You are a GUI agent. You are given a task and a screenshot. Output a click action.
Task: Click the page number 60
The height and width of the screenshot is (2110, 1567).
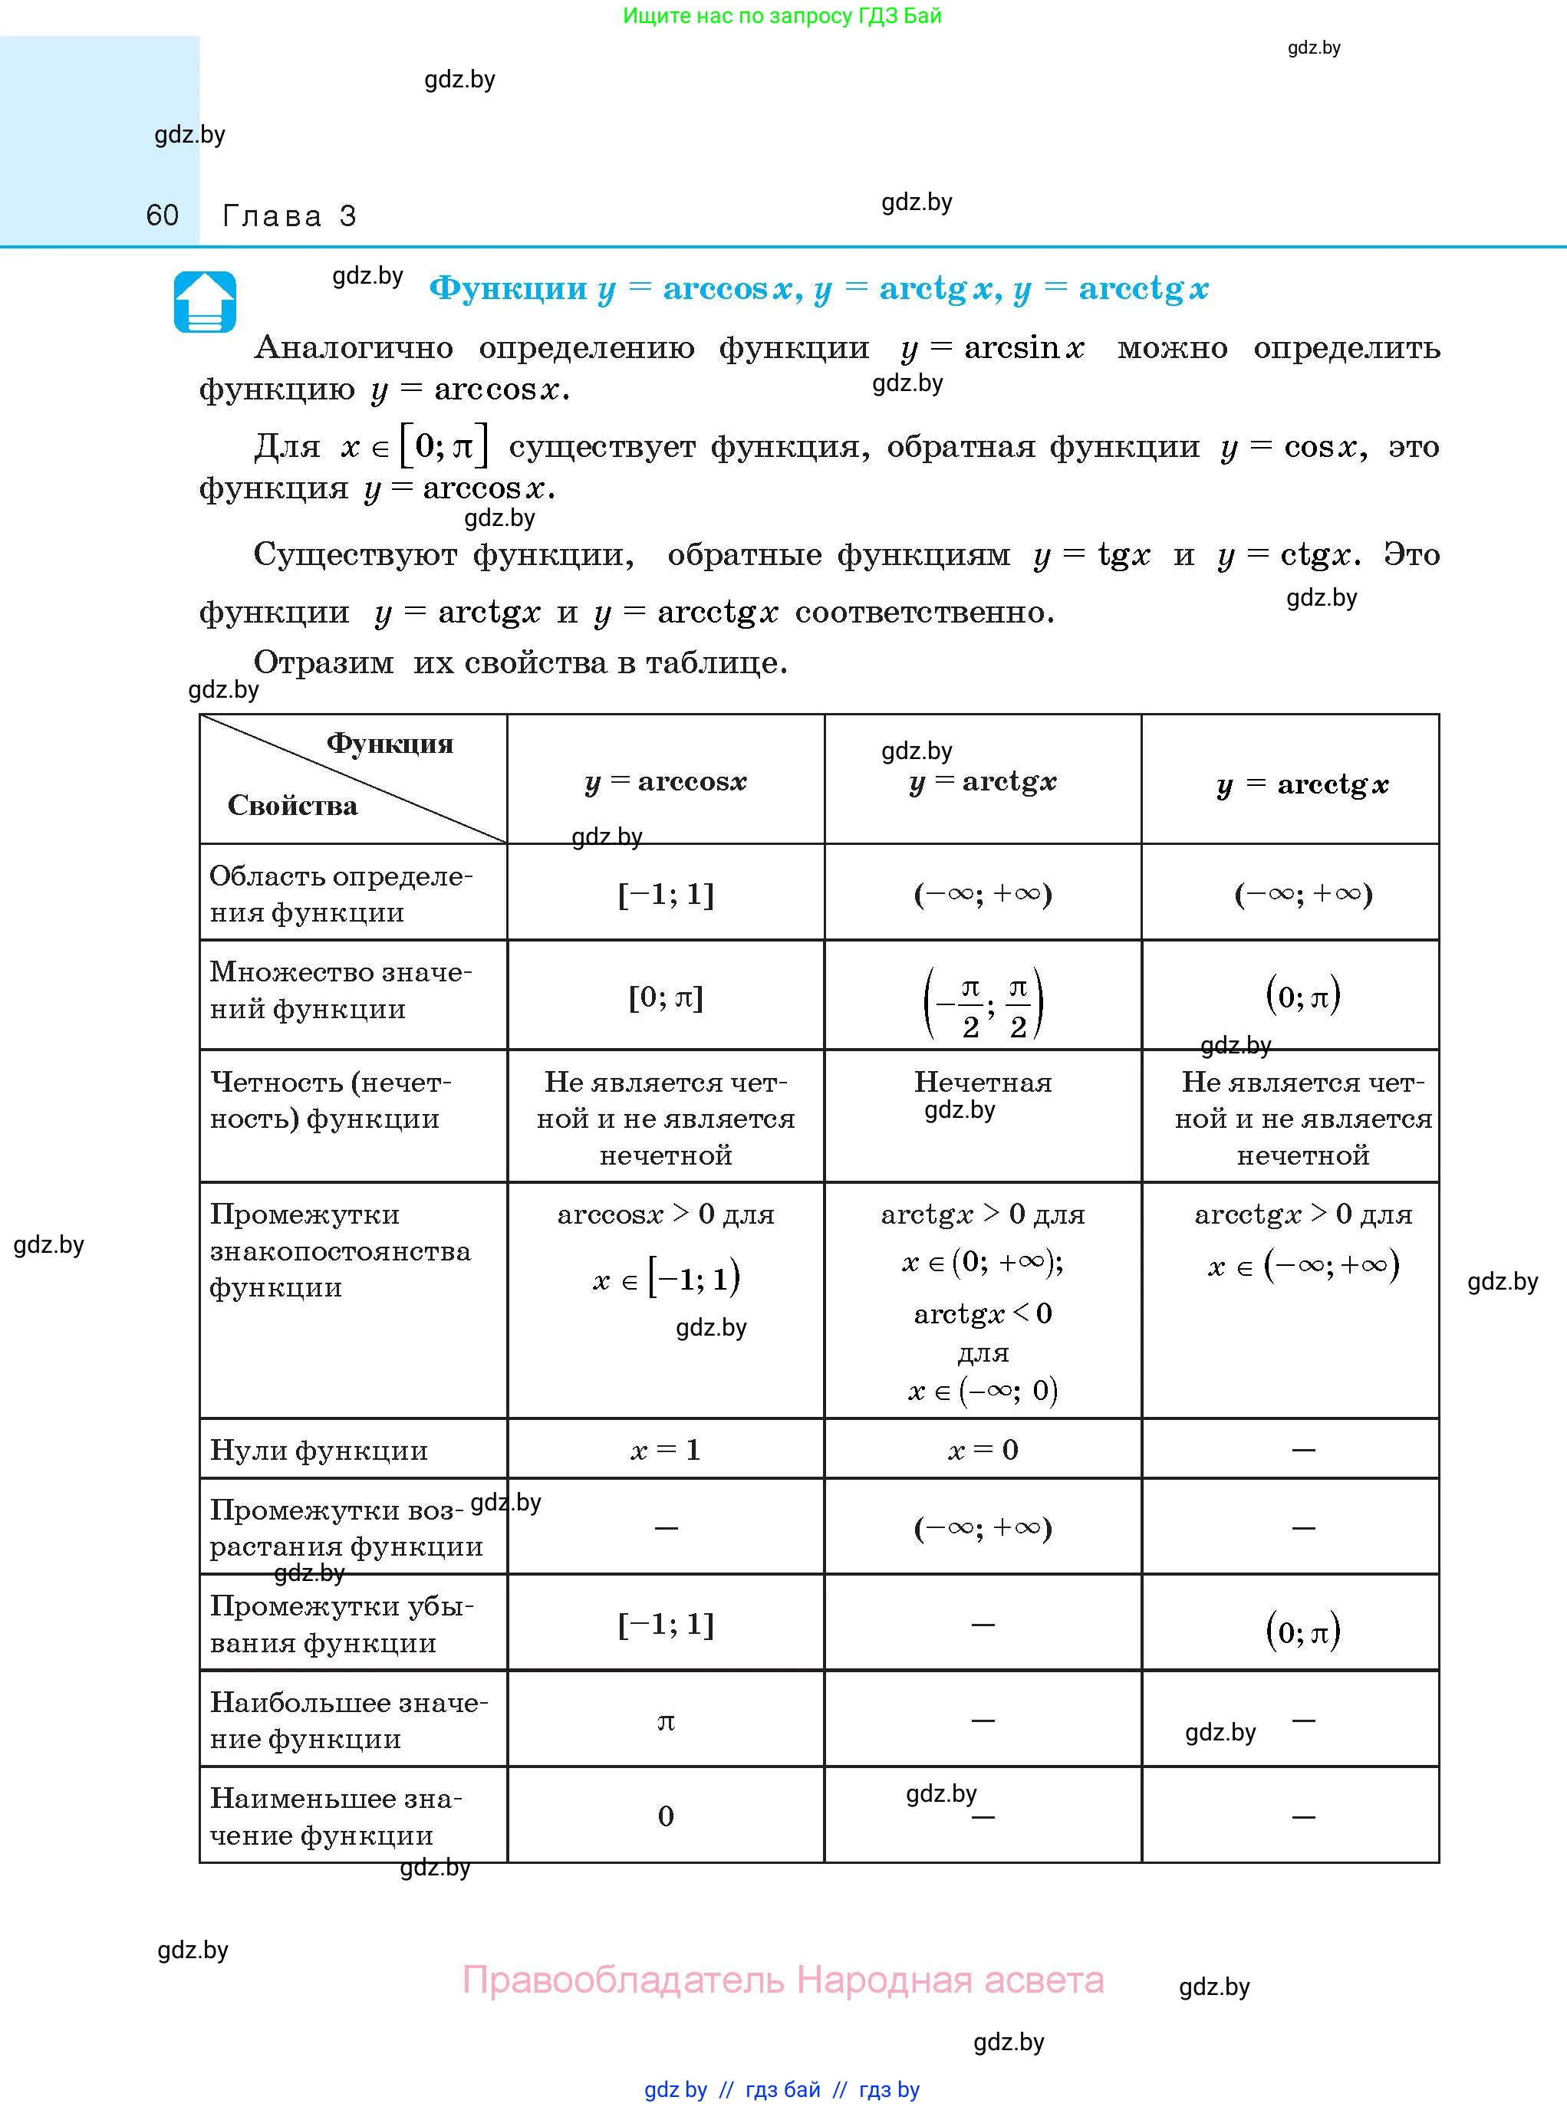tap(162, 215)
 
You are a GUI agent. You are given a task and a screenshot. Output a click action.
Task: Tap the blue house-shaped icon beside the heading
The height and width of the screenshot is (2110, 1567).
tap(205, 301)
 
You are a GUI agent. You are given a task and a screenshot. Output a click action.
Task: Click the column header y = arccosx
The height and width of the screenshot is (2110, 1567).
tap(666, 781)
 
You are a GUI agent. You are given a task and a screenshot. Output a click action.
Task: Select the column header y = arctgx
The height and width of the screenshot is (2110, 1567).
tap(983, 781)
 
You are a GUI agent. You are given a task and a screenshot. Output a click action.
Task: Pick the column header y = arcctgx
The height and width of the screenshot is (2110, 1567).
tap(1302, 784)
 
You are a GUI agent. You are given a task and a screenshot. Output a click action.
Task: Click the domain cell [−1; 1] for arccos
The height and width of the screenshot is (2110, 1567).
tap(666, 893)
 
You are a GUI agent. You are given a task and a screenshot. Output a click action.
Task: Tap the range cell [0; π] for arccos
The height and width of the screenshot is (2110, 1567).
tap(666, 997)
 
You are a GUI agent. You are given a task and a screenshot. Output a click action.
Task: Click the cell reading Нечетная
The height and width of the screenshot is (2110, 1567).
tap(983, 1082)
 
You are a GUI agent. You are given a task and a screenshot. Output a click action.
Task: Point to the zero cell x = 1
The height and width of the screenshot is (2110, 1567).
tap(666, 1449)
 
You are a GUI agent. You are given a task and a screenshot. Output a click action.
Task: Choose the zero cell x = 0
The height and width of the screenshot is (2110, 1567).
tap(983, 1449)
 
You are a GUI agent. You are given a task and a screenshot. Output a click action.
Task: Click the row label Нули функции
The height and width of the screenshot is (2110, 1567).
tap(319, 1450)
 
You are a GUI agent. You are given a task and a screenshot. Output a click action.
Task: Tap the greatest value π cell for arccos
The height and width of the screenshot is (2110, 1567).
tap(666, 1721)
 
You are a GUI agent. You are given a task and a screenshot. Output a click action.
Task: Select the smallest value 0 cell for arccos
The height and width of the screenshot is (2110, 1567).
tap(666, 1816)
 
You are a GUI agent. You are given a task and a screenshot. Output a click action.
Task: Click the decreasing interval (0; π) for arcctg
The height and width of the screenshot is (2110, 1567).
tap(1302, 1630)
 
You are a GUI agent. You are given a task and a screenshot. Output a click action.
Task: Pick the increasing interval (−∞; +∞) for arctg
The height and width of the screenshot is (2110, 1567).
tap(983, 1528)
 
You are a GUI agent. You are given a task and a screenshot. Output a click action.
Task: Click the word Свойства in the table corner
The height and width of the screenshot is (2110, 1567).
tap(292, 806)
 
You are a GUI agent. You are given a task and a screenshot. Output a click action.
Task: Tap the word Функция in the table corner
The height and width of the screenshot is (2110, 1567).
tap(390, 744)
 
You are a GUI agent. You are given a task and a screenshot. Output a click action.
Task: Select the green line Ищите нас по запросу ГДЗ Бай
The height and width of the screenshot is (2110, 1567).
tap(782, 16)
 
